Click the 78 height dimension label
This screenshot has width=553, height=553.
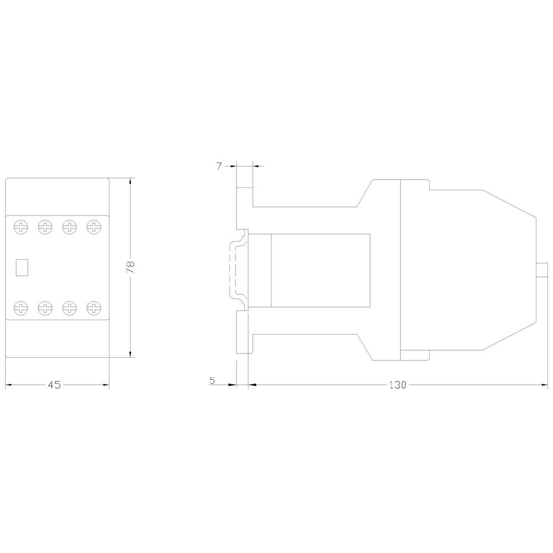click(x=131, y=267)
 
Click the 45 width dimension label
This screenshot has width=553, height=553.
click(x=54, y=385)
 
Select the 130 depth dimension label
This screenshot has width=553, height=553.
click(x=398, y=385)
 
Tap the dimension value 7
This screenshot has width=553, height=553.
click(x=220, y=166)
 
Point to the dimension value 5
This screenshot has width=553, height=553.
click(x=212, y=380)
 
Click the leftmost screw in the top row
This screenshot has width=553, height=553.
click(x=21, y=227)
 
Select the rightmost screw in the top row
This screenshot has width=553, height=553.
click(x=94, y=227)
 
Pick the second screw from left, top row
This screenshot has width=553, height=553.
click(x=45, y=227)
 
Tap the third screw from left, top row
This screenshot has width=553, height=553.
click(x=70, y=227)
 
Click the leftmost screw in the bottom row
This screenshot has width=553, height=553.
click(x=21, y=308)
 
